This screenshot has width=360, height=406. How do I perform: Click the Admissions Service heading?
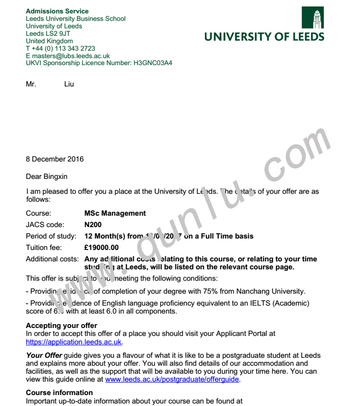point(57,11)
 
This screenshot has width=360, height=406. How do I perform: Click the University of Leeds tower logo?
point(312,17)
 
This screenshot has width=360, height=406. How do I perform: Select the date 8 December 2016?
point(55,159)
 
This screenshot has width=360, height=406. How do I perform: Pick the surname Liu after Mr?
point(69,84)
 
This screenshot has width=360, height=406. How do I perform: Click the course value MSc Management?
point(115,213)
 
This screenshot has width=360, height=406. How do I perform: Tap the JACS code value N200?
point(93,225)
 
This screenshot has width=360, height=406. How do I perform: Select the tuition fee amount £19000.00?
point(101,247)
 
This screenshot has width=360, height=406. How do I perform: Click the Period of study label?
point(51,236)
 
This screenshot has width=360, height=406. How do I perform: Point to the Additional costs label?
point(52,259)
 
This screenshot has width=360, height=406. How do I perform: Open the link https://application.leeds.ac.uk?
point(74,342)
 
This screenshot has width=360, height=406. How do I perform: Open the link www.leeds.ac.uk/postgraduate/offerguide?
point(172,379)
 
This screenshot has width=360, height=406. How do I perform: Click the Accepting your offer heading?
point(62,326)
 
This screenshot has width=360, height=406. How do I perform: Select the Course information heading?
point(59,393)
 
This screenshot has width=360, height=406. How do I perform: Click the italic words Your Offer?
point(41,355)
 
